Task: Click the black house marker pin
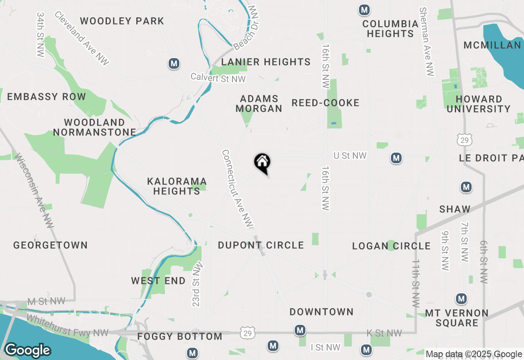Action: (x=262, y=163)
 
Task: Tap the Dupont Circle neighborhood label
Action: (x=261, y=245)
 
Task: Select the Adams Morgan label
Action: (x=259, y=103)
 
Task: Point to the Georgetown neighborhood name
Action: (x=50, y=245)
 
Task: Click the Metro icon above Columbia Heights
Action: (x=364, y=10)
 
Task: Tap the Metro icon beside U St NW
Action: (x=396, y=158)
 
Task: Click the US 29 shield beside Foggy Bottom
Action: (x=248, y=332)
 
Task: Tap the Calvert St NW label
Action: (x=218, y=78)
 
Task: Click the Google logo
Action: (x=27, y=351)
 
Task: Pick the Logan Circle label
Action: (x=391, y=246)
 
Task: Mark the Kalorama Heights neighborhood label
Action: (x=177, y=186)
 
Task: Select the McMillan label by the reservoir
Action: (x=492, y=45)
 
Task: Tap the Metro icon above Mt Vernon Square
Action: (x=462, y=299)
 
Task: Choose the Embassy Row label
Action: (x=47, y=97)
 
